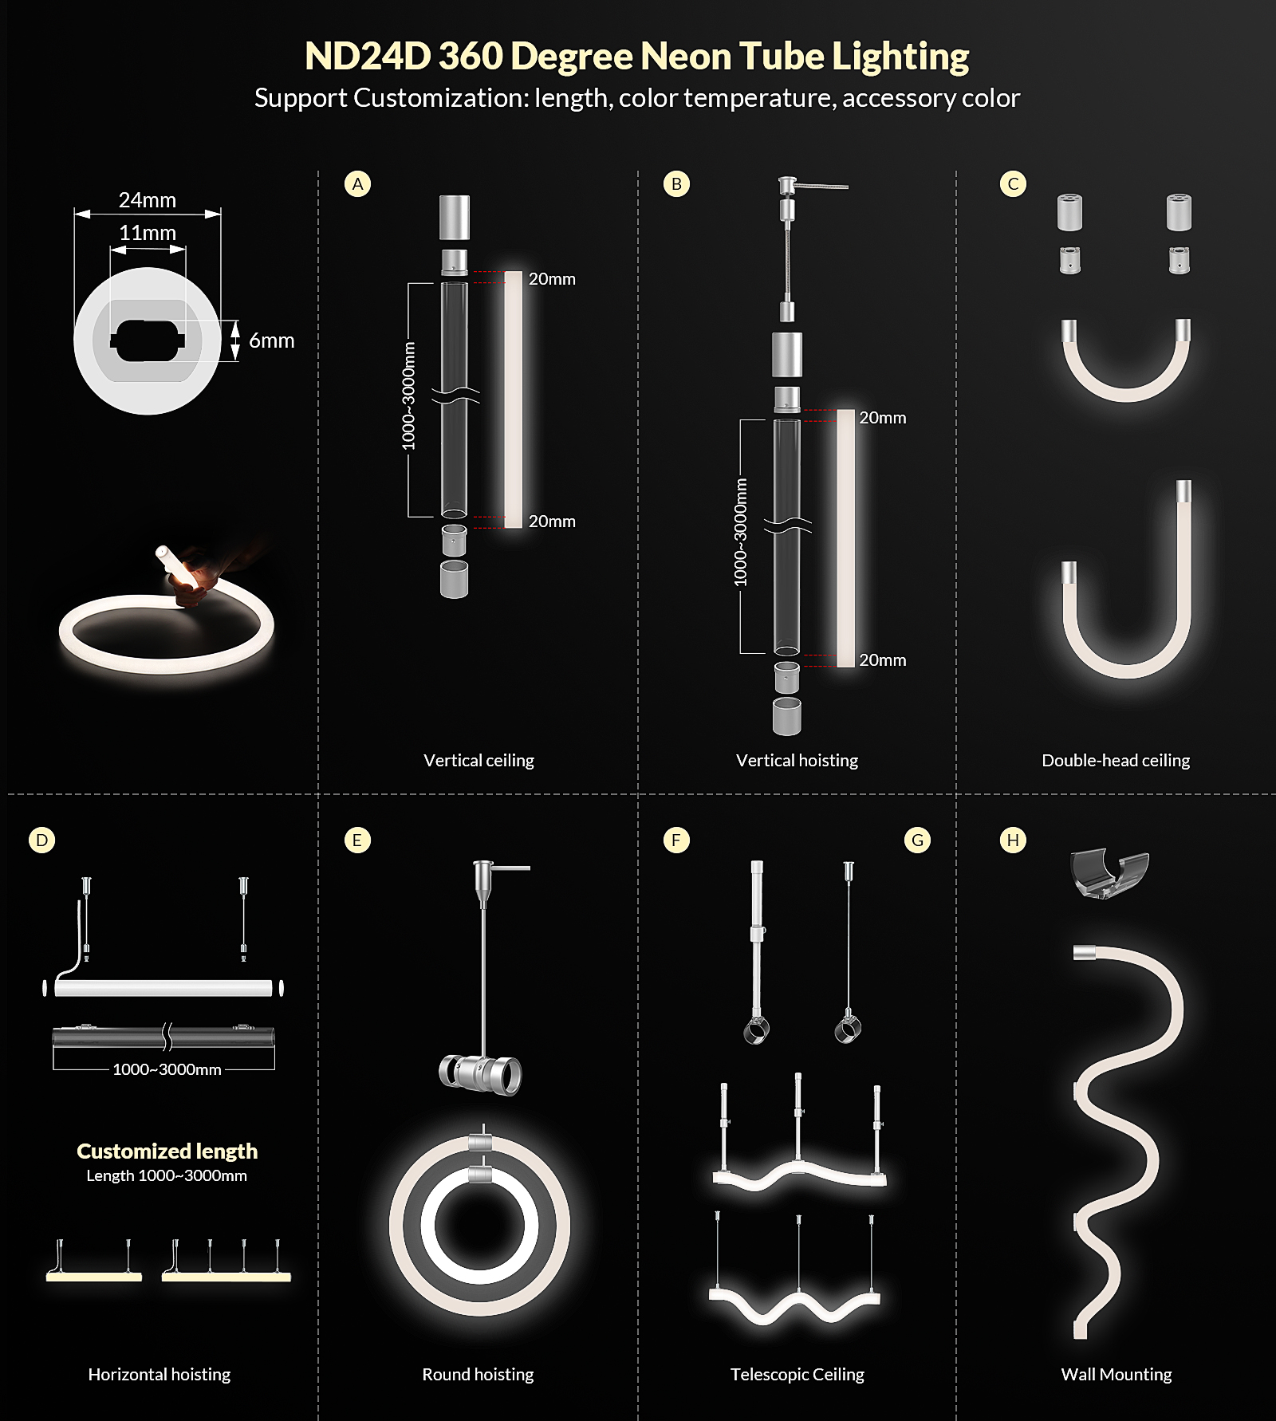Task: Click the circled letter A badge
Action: click(x=357, y=184)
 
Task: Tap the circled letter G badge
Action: click(x=917, y=840)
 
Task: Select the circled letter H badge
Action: click(x=1013, y=840)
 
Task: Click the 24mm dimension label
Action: click(x=148, y=200)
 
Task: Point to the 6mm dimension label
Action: click(x=272, y=340)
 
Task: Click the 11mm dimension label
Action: click(x=148, y=233)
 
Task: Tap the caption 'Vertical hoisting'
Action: click(x=797, y=760)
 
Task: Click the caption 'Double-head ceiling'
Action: click(x=1116, y=760)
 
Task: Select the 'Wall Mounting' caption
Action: click(x=1116, y=1374)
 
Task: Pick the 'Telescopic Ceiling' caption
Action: click(x=797, y=1374)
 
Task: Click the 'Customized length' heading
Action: click(x=167, y=1151)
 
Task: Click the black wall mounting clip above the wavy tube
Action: click(x=1109, y=872)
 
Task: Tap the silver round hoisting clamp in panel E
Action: click(x=480, y=1073)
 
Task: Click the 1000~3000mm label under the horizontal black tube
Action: click(x=167, y=1069)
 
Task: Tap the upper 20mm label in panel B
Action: click(x=882, y=418)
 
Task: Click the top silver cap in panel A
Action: click(x=455, y=217)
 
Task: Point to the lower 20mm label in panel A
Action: click(x=552, y=522)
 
